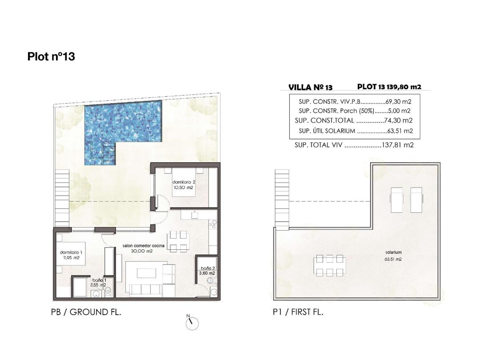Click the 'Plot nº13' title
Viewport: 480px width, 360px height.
click(x=51, y=56)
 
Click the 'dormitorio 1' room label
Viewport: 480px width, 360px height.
click(x=70, y=253)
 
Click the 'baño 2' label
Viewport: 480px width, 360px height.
click(x=208, y=268)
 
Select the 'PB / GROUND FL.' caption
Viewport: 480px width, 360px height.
click(x=86, y=312)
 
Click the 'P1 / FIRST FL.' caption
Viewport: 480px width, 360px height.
click(x=298, y=312)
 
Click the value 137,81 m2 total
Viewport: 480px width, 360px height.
click(x=398, y=145)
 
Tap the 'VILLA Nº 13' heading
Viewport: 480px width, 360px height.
click(x=310, y=88)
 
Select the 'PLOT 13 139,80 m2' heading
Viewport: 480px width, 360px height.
click(x=389, y=87)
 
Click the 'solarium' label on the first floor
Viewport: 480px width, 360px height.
click(x=394, y=252)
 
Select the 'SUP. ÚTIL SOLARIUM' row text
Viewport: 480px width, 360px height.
click(x=327, y=131)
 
